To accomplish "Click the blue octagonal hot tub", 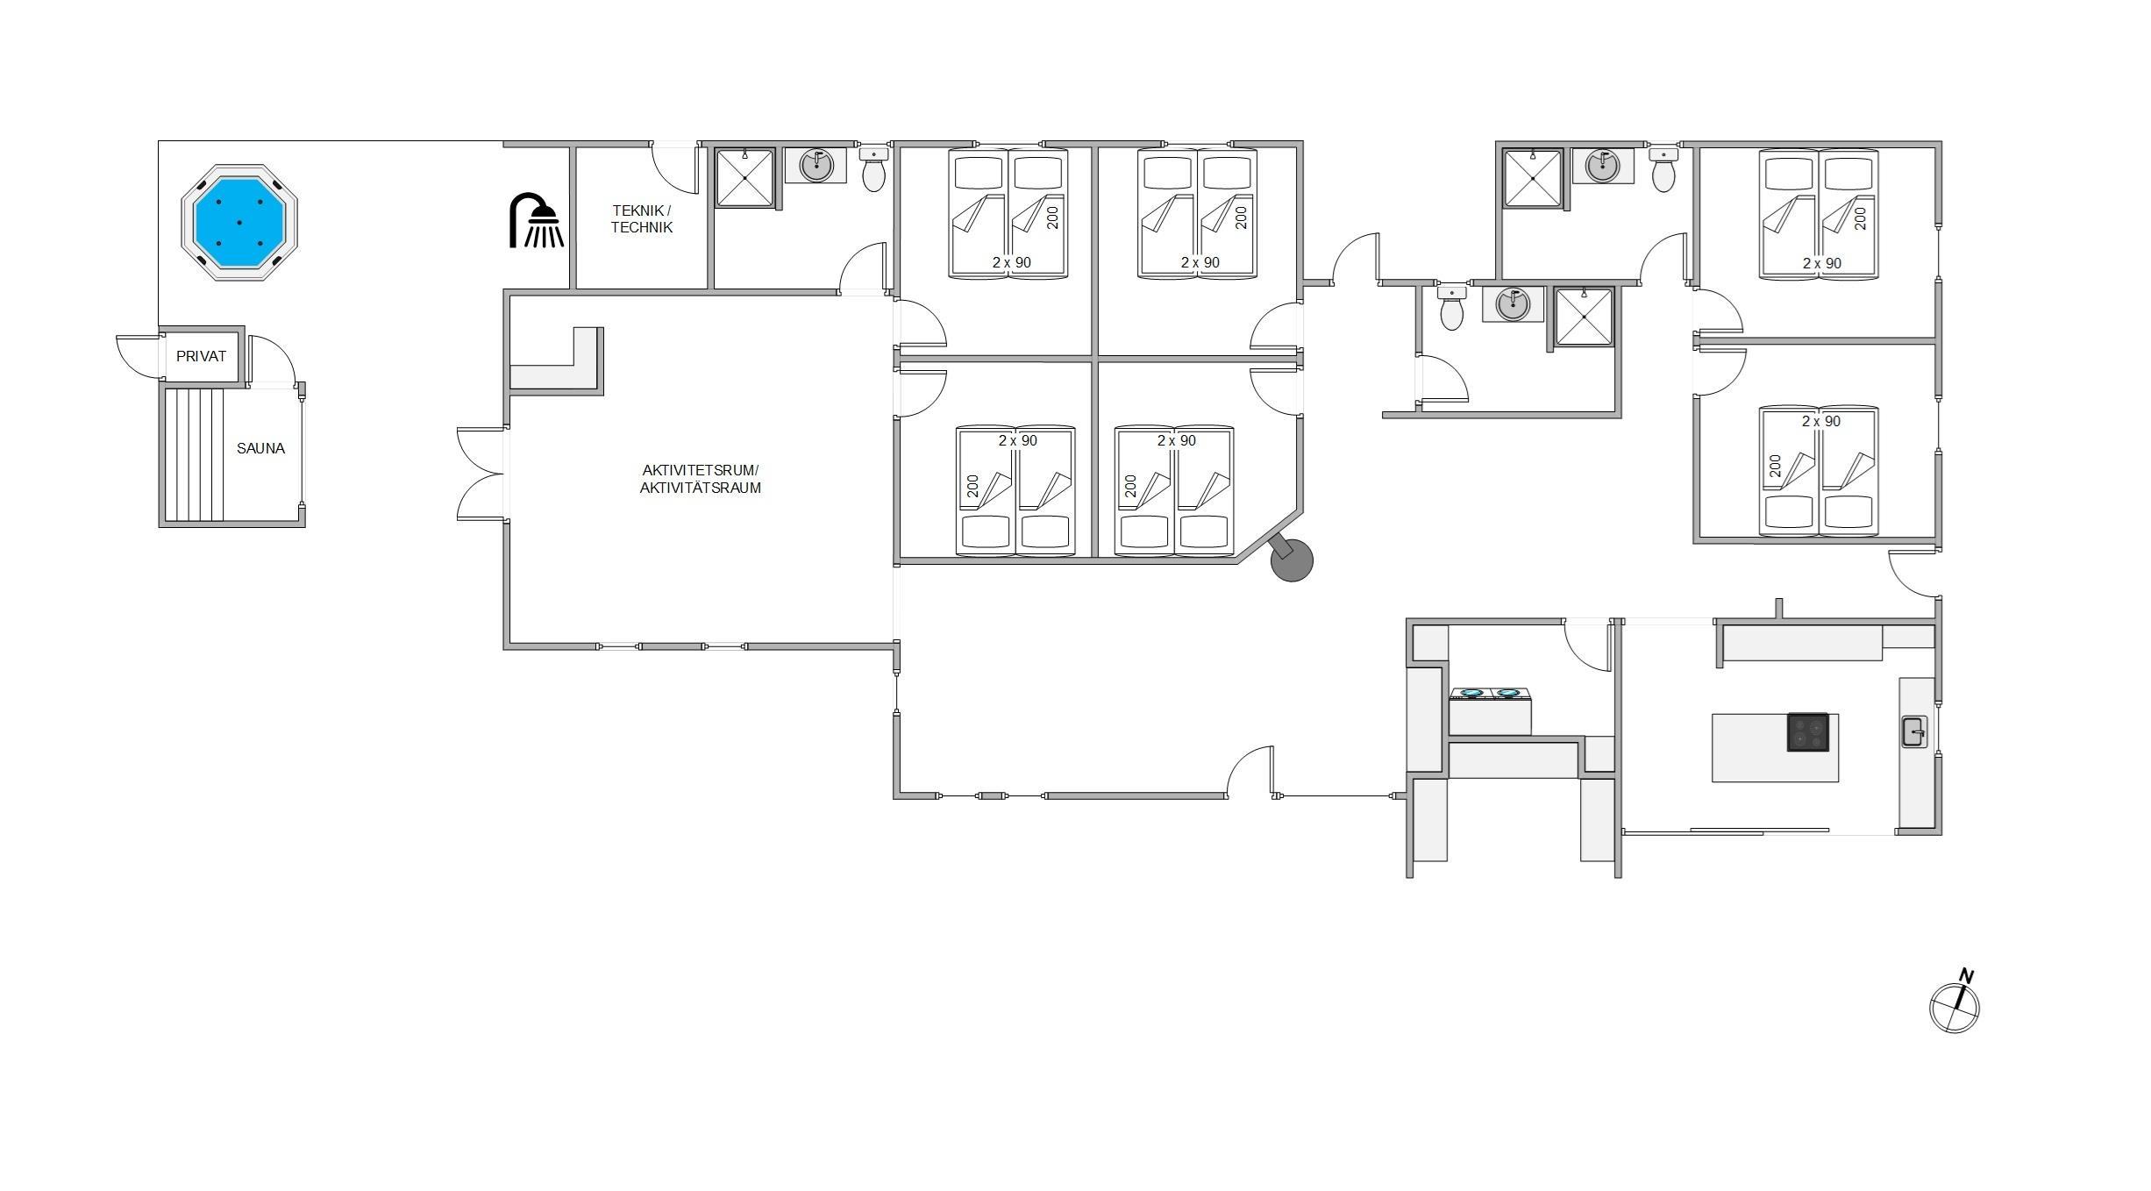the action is coord(239,222).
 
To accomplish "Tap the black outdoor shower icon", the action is coord(537,220).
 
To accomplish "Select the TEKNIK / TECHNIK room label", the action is coord(642,219).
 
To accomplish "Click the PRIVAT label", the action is coord(201,356).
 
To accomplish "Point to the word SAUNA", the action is coord(260,448).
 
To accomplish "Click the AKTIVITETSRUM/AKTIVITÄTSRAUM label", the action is coord(700,479).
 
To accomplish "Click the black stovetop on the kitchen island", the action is coord(1808,732).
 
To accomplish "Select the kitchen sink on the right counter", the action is coord(1914,731).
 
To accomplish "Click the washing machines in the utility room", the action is coord(1490,711).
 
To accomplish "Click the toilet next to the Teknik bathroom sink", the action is coord(874,168).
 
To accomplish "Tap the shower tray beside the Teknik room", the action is coord(745,178).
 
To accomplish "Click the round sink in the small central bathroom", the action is coord(1513,304).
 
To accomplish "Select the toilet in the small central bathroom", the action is coord(1452,308).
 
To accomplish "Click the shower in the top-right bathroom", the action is coord(1533,178).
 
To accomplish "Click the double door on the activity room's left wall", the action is coord(481,474).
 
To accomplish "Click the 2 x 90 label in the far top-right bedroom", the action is coord(1822,263).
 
